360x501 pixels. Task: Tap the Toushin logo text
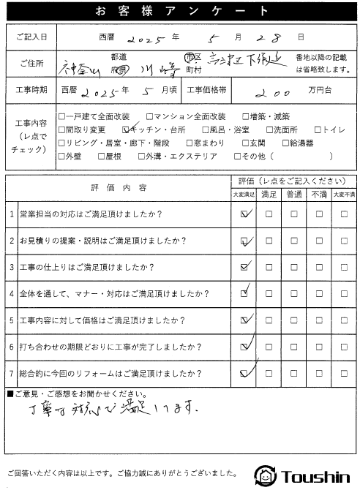tap(313, 477)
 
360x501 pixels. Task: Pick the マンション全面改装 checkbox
tap(149, 116)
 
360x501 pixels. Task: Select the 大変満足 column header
tap(244, 195)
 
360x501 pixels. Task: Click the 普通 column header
tap(294, 195)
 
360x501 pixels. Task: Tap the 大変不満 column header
tap(343, 195)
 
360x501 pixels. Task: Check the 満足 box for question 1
tap(269, 214)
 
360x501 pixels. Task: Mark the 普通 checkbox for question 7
tap(294, 373)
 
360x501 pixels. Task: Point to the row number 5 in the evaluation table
tap(11, 320)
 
